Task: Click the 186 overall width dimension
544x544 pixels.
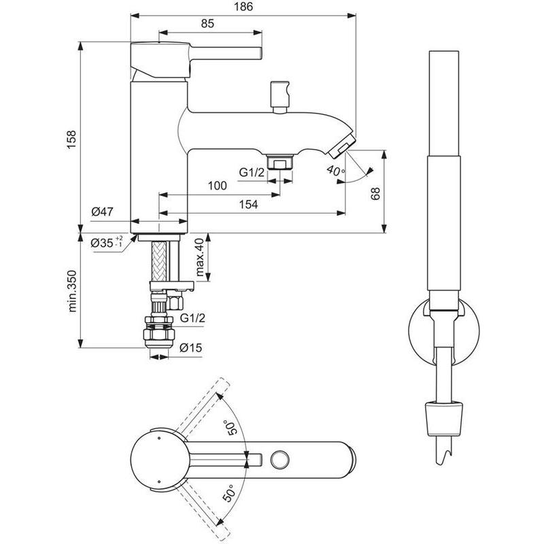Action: tap(243, 7)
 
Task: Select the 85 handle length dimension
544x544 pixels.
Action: tap(207, 24)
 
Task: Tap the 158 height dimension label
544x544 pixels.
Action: tap(71, 140)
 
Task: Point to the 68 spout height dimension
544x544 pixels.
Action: tap(375, 194)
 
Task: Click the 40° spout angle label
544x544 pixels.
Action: tap(335, 171)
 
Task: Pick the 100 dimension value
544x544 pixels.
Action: tap(217, 186)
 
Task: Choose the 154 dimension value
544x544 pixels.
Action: tap(248, 205)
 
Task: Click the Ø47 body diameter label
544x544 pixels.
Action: tap(103, 211)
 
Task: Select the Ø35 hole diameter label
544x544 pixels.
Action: tap(107, 242)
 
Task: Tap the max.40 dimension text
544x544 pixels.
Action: tap(199, 257)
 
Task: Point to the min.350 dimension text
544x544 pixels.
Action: tap(72, 291)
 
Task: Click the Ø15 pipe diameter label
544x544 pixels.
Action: tap(191, 347)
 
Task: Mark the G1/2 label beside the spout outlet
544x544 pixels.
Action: tap(252, 173)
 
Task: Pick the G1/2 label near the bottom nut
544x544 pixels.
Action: tap(192, 318)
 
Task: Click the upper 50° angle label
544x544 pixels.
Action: tap(231, 428)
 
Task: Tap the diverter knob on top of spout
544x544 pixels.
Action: tap(280, 97)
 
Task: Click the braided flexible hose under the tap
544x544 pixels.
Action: tap(159, 261)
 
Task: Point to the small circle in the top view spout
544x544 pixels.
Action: tap(279, 460)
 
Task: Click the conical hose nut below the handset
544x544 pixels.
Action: tap(444, 419)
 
